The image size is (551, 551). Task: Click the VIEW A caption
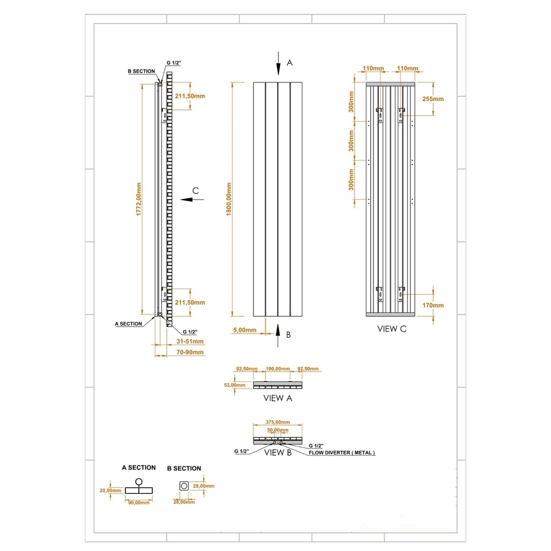pos(278,399)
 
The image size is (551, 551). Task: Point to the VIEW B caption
pos(278,453)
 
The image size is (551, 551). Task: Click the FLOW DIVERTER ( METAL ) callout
pos(342,453)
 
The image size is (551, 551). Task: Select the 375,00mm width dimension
pos(278,422)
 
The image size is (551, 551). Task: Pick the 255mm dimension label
pos(433,99)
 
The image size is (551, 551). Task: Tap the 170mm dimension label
pos(433,306)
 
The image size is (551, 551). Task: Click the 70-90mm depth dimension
pos(190,352)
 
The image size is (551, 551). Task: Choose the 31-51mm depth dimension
pos(190,341)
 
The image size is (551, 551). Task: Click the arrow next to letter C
pos(192,199)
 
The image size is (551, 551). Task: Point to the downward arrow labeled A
pos(278,63)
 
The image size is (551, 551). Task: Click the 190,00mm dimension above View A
pos(278,369)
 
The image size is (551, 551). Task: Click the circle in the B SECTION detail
pos(184,486)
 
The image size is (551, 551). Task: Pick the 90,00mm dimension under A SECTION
pos(138,503)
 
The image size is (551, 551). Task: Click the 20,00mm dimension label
pos(111,491)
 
